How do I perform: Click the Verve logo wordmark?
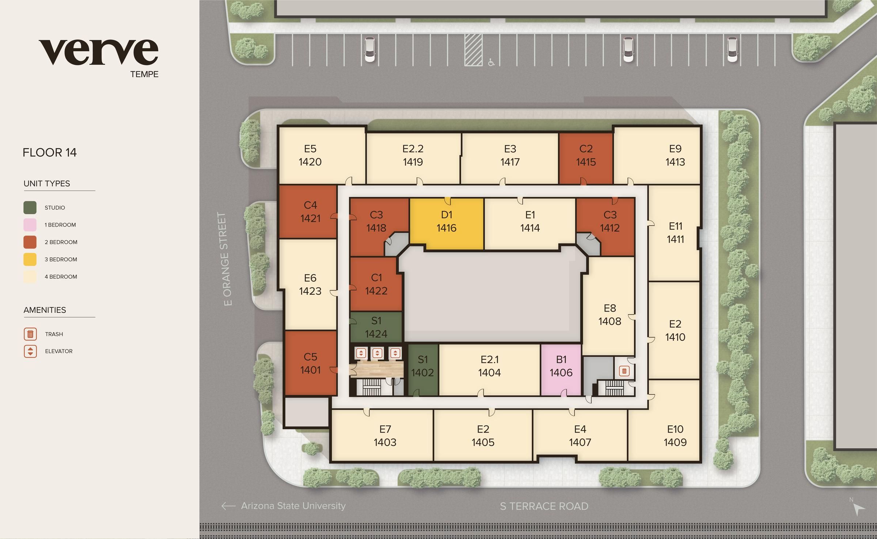(x=99, y=52)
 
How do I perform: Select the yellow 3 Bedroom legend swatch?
(x=30, y=259)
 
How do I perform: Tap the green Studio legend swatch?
(x=30, y=207)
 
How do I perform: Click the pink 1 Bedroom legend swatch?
(x=30, y=225)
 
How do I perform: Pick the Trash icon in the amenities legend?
(x=30, y=334)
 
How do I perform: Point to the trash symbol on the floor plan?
(x=624, y=372)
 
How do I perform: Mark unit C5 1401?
(x=310, y=363)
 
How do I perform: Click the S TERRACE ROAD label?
(x=544, y=506)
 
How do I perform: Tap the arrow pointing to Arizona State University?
(x=228, y=506)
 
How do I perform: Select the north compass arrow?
(x=859, y=509)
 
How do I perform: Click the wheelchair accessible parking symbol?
(x=491, y=63)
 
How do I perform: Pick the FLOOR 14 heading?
(x=50, y=152)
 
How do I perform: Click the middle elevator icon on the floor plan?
(x=377, y=353)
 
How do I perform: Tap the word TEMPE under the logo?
(x=144, y=74)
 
